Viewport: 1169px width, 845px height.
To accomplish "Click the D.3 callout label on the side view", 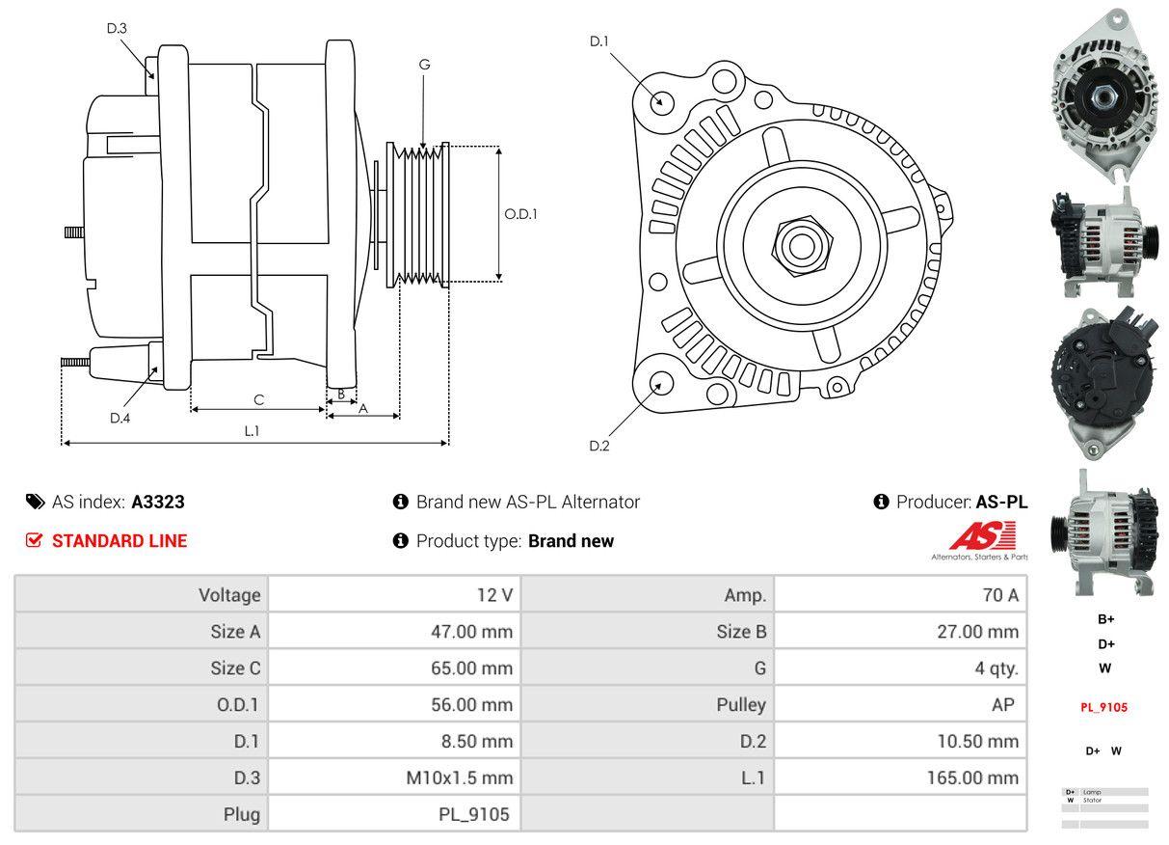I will point(117,29).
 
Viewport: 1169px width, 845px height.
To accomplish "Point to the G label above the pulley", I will point(424,65).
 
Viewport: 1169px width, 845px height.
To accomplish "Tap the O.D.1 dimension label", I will point(521,214).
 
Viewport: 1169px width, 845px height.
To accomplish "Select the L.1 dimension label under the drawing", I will point(252,431).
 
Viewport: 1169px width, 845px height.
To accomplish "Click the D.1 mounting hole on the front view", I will point(661,100).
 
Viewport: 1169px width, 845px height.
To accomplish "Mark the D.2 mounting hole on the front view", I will point(661,382).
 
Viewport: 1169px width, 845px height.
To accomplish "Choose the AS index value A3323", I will point(158,502).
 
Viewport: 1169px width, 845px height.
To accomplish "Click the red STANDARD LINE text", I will point(120,541).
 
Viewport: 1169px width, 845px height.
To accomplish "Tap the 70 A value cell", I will point(999,595).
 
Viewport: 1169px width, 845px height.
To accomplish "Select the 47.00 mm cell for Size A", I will point(471,632).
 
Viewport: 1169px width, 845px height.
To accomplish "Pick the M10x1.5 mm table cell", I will point(458,777).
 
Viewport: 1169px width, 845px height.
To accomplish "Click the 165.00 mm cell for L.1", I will point(972,777).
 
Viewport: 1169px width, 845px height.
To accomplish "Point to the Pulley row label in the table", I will point(741,705).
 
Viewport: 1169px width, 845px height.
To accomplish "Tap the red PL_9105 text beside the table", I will point(1103,707).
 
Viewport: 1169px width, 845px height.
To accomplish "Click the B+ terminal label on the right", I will point(1104,619).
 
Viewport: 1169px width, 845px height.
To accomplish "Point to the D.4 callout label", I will point(120,418).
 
